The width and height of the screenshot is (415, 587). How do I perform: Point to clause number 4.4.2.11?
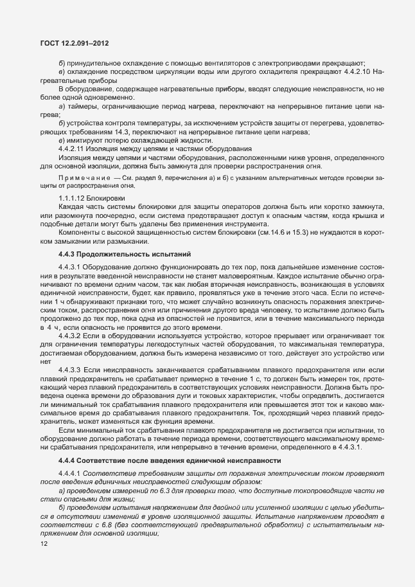72,149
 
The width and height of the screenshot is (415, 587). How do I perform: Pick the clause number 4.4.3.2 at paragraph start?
70,334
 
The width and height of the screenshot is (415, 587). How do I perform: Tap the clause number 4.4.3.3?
70,368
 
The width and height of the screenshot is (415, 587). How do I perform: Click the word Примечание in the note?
79,176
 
